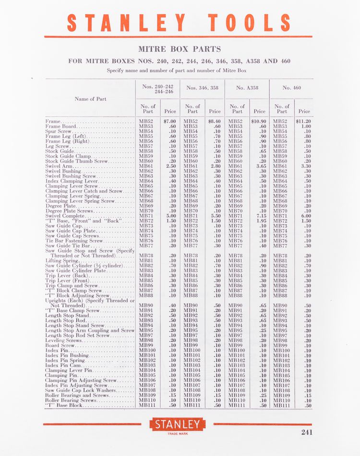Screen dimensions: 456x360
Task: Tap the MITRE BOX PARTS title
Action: click(x=180, y=49)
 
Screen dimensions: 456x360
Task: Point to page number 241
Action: click(x=307, y=432)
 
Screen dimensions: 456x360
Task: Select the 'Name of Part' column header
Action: click(x=90, y=99)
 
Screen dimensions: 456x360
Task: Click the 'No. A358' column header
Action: click(x=247, y=88)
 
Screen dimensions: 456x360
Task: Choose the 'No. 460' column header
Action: click(x=292, y=88)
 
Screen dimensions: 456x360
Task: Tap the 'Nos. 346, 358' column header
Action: click(x=202, y=88)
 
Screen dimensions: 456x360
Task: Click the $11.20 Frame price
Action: click(x=303, y=121)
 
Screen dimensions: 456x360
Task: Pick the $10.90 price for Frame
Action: click(x=259, y=121)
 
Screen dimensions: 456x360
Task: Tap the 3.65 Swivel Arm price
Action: click(x=261, y=166)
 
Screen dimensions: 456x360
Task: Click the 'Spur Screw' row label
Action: click(x=59, y=131)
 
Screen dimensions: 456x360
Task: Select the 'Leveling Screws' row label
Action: click(x=64, y=340)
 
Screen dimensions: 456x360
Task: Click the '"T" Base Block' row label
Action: click(x=65, y=406)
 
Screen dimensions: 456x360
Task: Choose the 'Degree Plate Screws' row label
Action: click(x=69, y=211)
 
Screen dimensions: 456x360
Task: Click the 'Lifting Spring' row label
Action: click(x=63, y=261)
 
